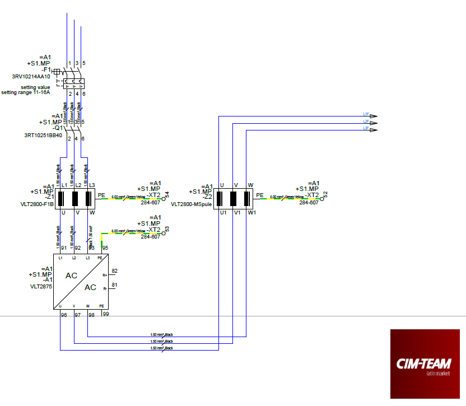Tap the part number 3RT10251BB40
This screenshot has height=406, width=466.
(44, 135)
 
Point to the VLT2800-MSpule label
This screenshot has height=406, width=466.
(192, 204)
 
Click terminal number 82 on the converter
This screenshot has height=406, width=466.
(114, 271)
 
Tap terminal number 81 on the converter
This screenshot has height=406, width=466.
(114, 285)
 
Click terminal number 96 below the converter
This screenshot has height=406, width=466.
(64, 315)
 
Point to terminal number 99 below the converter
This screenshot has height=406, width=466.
(105, 315)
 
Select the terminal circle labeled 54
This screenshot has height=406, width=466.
(164, 198)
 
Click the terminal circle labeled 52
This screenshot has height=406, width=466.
(322, 198)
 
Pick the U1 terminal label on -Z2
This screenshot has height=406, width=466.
(222, 213)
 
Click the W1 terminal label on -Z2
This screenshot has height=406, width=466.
(252, 213)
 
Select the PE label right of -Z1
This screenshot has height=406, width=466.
(101, 195)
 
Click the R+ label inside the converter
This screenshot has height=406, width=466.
(104, 276)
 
